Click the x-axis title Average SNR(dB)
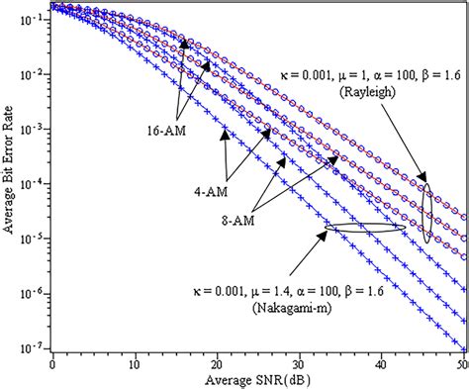point(260,380)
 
